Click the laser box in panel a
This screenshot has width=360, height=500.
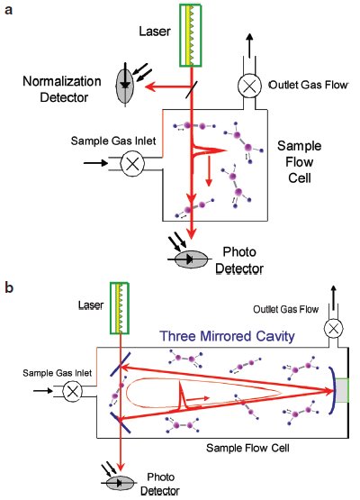(x=190, y=35)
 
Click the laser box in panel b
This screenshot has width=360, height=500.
(x=120, y=308)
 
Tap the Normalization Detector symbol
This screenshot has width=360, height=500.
(x=125, y=85)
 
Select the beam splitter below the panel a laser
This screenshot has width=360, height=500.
(x=192, y=89)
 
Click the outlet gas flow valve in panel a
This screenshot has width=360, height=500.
(x=249, y=86)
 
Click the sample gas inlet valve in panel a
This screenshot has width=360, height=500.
(x=132, y=164)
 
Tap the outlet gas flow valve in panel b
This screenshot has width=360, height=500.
(x=334, y=329)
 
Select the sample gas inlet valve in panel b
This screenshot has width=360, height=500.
(x=73, y=391)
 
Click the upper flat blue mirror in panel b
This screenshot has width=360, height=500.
(x=120, y=364)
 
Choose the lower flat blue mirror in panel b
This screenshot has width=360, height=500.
(x=120, y=423)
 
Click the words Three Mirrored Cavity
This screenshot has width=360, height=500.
(x=227, y=336)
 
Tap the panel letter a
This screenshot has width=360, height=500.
(x=9, y=10)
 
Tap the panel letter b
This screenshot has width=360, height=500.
(x=9, y=287)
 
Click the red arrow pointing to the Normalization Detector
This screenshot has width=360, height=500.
(x=168, y=86)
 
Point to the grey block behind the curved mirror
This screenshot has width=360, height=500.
(x=342, y=390)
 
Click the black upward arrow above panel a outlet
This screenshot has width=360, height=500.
(x=249, y=46)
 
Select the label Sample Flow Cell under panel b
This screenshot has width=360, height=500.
(x=247, y=448)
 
